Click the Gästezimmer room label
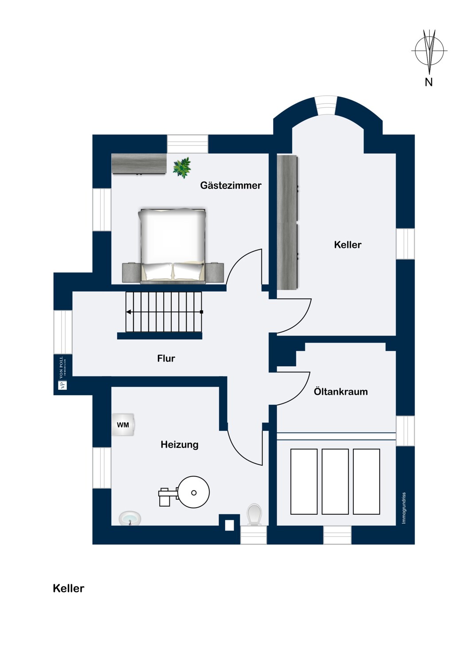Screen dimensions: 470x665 pos(231,186)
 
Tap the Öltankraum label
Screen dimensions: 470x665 pos(341,391)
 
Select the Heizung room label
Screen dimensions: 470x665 pos(179,444)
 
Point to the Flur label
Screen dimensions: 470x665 pos(166,358)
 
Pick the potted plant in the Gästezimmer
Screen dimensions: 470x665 pos(182,168)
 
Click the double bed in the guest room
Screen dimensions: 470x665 pos(173,246)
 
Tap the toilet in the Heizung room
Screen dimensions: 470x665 pos(255,515)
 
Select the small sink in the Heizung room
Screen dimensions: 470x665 pos(130,519)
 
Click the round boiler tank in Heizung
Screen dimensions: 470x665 pos(194,493)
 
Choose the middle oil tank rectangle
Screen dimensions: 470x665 pos(335,481)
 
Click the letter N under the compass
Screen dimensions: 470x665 pos(428,82)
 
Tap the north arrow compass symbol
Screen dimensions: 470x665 pos(429,51)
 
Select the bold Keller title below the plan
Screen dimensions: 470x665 pos(69,588)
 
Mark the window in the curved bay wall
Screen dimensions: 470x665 pos(326,106)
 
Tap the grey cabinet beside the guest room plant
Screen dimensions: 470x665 pos(139,164)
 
